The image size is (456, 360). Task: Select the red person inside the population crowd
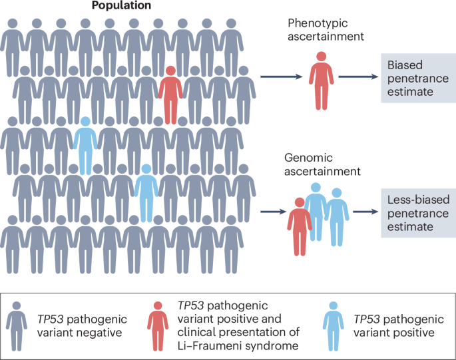pyautogui.click(x=170, y=96)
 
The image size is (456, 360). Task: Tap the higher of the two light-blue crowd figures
pyautogui.click(x=85, y=146)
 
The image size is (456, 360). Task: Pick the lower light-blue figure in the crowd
pyautogui.click(x=146, y=194)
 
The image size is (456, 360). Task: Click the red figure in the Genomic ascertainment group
pyautogui.click(x=298, y=225)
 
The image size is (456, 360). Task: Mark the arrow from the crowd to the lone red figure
pyautogui.click(x=281, y=77)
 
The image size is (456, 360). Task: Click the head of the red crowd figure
pyautogui.click(x=170, y=71)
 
